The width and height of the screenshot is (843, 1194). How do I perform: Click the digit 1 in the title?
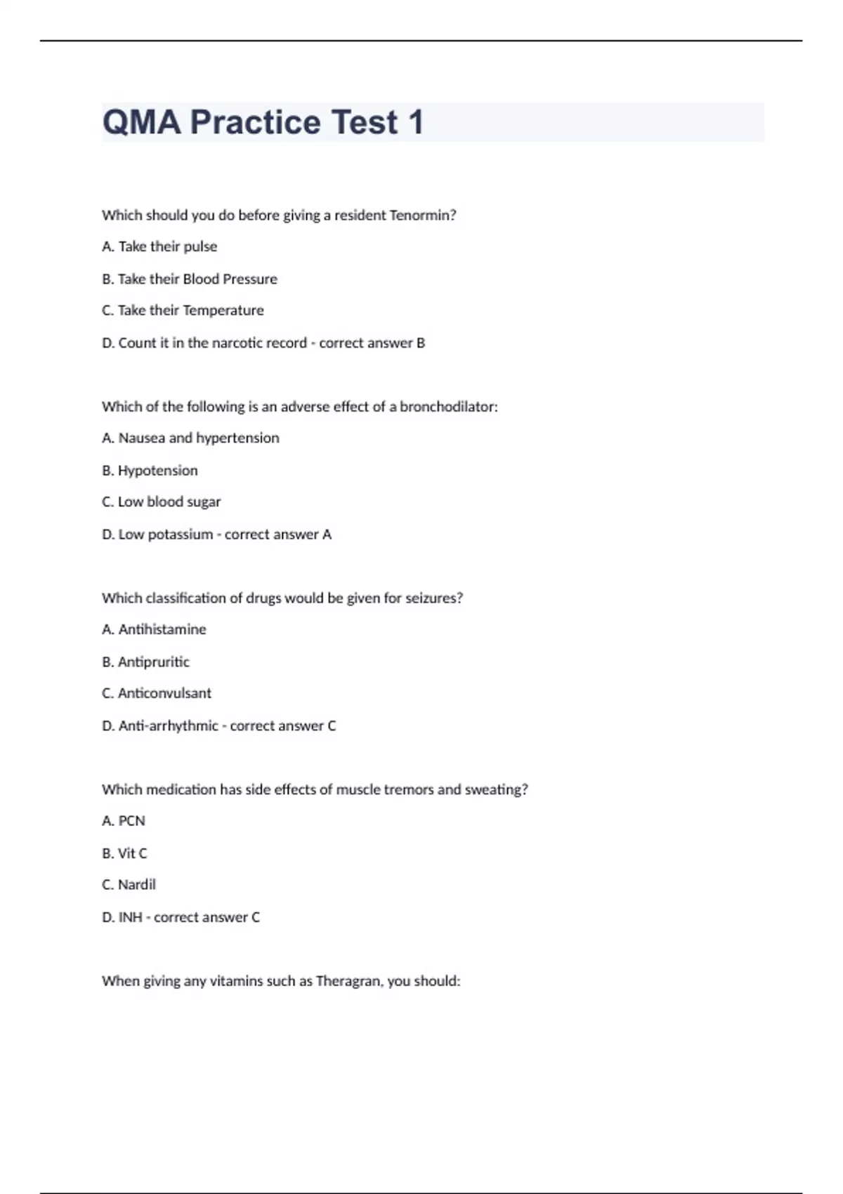[x=415, y=122]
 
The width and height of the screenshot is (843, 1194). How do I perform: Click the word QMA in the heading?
[x=142, y=122]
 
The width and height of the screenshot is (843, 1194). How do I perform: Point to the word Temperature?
[x=223, y=310]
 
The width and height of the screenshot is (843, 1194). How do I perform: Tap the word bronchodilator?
[x=448, y=407]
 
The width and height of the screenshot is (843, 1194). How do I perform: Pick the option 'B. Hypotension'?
[x=150, y=471]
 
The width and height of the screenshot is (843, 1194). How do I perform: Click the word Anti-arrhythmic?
[x=168, y=726]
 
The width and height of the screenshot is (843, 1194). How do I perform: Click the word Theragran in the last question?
[x=348, y=981]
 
